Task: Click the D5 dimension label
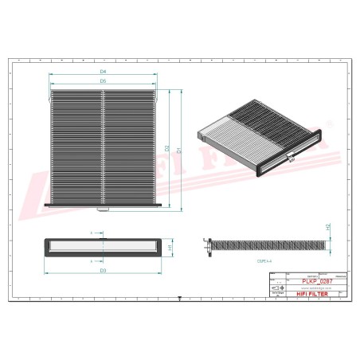coord(104,81)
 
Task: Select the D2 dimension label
coord(167,148)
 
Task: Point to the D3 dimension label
coord(104,271)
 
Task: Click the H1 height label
coord(170,248)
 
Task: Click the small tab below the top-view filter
coord(103,211)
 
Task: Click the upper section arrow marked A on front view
coord(92,233)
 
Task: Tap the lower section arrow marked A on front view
coord(92,260)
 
